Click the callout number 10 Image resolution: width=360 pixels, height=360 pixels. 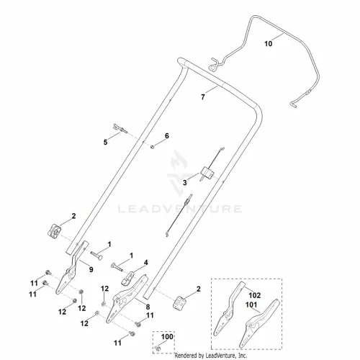click(269, 44)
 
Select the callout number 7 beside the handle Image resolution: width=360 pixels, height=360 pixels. click(203, 97)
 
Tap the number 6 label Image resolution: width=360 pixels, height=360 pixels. click(167, 136)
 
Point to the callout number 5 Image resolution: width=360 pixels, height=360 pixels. click(105, 143)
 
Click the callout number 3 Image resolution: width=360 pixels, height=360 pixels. click(185, 183)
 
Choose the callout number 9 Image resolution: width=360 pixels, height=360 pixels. click(91, 269)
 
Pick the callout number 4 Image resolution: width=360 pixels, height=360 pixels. click(146, 263)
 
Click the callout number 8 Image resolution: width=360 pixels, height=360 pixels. click(148, 307)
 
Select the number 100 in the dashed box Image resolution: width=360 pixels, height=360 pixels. click(167, 337)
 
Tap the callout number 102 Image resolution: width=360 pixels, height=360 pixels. click(254, 295)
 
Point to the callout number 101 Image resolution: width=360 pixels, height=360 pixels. click(251, 305)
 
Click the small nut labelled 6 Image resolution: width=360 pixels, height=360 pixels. click(152, 146)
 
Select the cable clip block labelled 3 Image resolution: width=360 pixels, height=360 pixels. click(207, 173)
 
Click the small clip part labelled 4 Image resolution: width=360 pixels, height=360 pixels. click(127, 279)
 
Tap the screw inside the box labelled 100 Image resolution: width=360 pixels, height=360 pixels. click(158, 348)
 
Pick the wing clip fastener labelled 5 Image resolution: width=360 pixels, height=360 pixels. click(120, 128)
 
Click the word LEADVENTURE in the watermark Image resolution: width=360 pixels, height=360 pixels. click(180, 209)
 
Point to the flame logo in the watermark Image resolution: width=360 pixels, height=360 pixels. click(179, 160)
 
